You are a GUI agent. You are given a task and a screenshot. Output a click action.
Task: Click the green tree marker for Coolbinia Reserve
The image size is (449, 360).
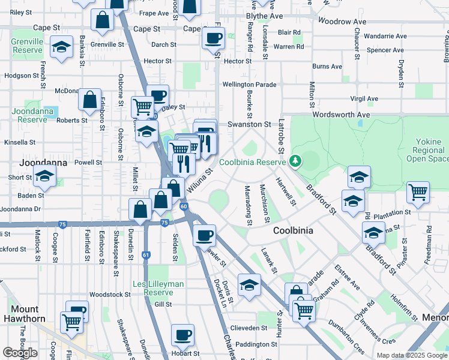coord(295,161)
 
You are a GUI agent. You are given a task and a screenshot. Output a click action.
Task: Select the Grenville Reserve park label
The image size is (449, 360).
coord(27,47)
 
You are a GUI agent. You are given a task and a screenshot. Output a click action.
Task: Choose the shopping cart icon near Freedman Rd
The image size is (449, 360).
coord(418,192)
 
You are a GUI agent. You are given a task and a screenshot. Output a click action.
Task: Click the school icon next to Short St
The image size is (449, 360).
coord(44,176)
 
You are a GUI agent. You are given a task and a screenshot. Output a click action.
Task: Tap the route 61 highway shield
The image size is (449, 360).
coord(146,255)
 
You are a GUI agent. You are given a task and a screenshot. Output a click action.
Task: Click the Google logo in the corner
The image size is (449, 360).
coord(20,353)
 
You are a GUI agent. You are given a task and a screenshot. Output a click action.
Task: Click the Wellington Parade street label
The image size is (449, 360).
coord(249,85)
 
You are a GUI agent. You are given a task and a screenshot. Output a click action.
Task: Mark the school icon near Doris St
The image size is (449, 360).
coord(249,284)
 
